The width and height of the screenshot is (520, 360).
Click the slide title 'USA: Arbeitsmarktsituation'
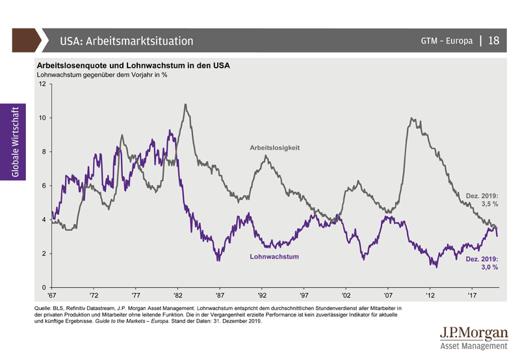(x=126, y=41)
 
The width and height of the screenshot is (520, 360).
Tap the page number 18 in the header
(x=493, y=41)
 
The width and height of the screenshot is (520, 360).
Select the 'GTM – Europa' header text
(x=447, y=41)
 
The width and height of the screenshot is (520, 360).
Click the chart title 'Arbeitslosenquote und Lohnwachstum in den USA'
(x=133, y=66)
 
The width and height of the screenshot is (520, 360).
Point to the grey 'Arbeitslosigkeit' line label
(x=274, y=148)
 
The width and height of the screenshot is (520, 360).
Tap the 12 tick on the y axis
(x=42, y=84)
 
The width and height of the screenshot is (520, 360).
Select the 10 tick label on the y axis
(x=42, y=118)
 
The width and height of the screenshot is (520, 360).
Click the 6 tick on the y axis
(x=43, y=186)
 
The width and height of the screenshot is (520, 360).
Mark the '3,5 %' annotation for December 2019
(x=489, y=204)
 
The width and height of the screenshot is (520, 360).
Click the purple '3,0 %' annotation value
(x=489, y=267)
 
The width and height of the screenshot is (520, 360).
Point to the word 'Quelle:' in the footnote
(x=45, y=307)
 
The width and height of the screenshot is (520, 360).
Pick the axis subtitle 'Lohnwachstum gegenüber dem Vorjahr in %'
(x=102, y=75)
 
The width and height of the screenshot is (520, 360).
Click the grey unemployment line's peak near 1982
(x=186, y=104)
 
